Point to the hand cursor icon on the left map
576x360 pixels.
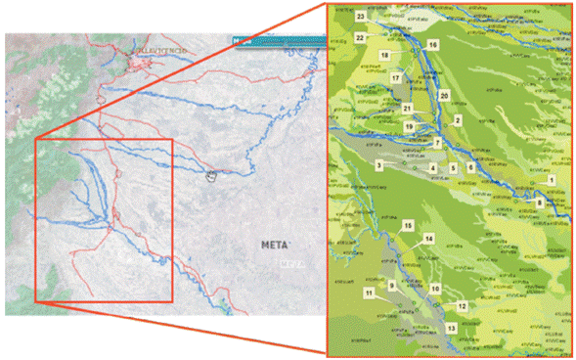tap(210, 175)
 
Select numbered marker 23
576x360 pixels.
tap(361, 18)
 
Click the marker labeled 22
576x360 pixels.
tap(360, 37)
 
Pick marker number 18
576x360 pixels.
tap(384, 56)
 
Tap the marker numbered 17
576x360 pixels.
tap(395, 77)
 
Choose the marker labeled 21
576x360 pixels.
tap(407, 108)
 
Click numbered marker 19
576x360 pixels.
tap(409, 127)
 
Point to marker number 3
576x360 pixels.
tap(377, 166)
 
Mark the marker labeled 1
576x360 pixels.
tap(551, 181)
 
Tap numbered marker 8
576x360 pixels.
tap(540, 202)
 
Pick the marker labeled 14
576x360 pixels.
tap(428, 239)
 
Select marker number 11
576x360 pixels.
tap(369, 292)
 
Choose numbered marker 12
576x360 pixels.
tap(461, 306)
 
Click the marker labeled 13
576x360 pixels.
tap(450, 328)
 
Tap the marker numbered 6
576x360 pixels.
tap(469, 167)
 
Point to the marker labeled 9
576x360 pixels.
tap(391, 285)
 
